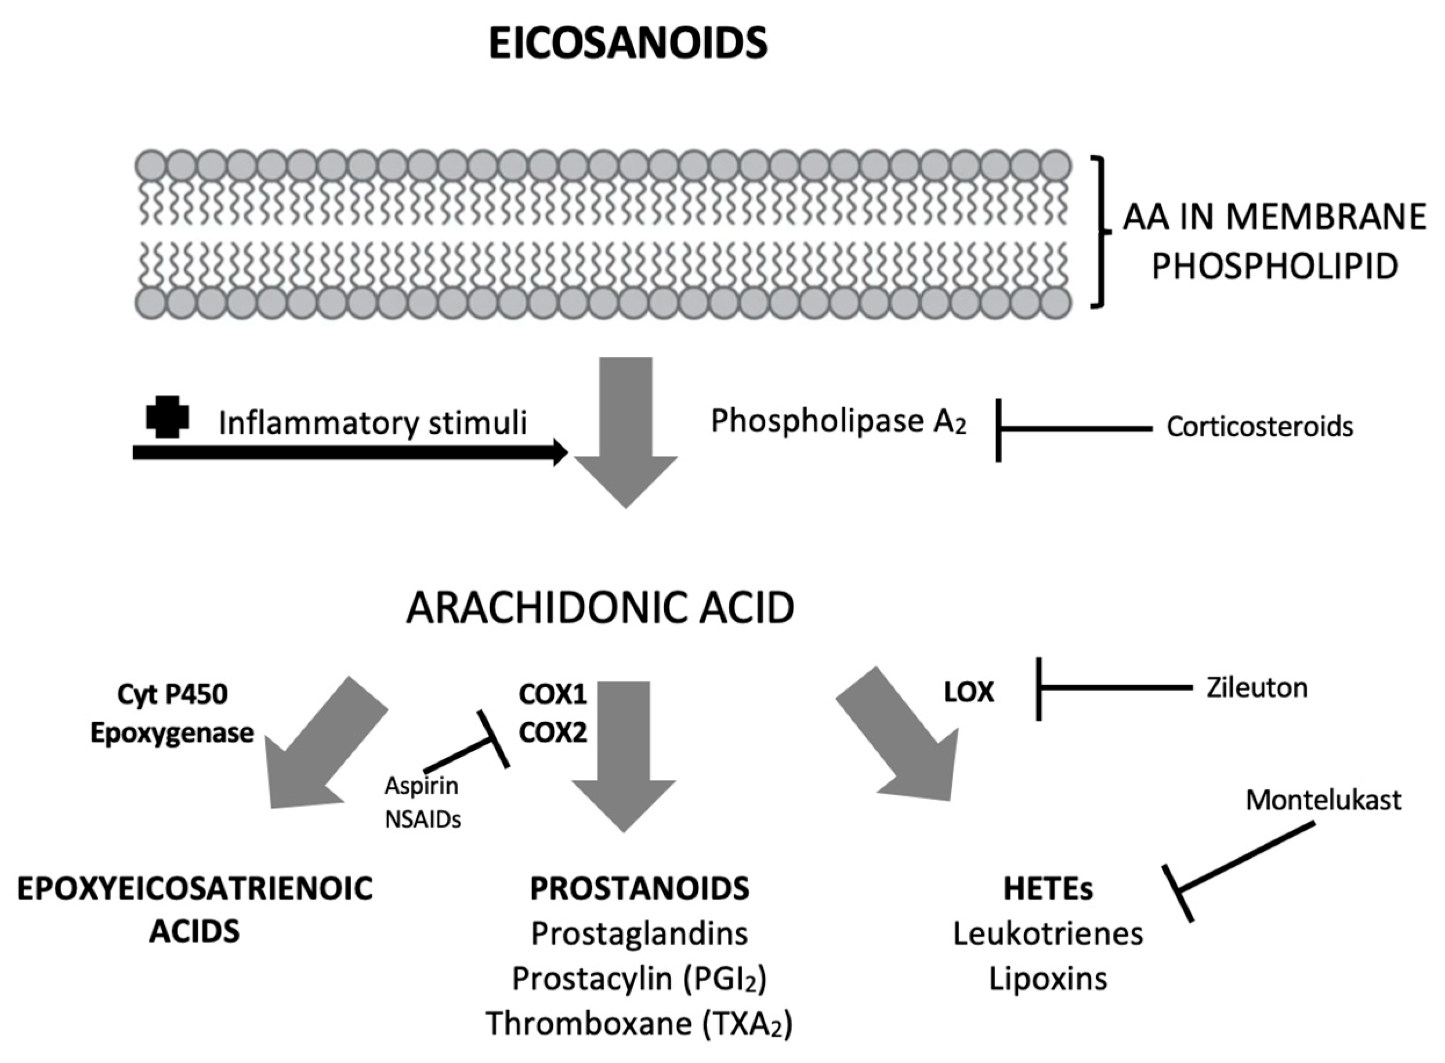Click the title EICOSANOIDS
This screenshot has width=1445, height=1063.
tap(628, 43)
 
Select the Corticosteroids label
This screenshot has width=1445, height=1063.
tap(1259, 427)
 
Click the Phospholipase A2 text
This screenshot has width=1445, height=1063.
tap(839, 422)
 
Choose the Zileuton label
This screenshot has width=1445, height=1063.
tap(1257, 688)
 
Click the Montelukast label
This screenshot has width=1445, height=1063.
tap(1323, 800)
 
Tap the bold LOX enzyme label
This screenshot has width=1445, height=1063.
tap(969, 692)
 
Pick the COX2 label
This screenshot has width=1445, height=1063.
tap(553, 732)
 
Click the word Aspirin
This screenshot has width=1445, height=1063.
tap(422, 786)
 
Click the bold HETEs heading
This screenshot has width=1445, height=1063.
tap(1048, 889)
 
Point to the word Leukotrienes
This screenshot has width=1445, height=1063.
tap(1048, 934)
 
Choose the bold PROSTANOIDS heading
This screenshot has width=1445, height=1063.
tap(639, 888)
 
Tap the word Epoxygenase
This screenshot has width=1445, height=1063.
tap(172, 734)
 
